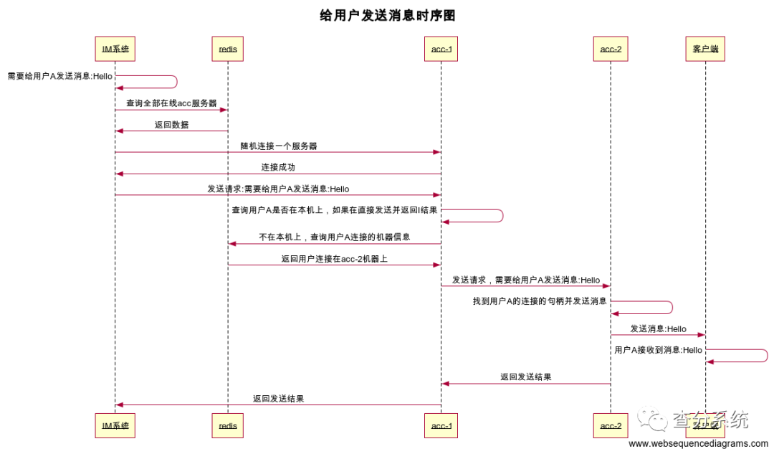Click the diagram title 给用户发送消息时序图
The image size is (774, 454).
click(x=387, y=15)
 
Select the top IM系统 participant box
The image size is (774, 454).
click(x=115, y=49)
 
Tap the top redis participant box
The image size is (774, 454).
click(x=228, y=49)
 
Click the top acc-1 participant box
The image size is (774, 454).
click(x=441, y=49)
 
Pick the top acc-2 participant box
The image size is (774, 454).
click(x=611, y=49)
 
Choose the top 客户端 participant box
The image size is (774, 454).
click(x=705, y=49)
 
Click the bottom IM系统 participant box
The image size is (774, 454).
click(x=115, y=425)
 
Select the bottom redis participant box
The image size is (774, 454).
click(x=228, y=425)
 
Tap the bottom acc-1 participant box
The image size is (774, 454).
click(x=441, y=425)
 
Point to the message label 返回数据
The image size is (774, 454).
click(x=171, y=124)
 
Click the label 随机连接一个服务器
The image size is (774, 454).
click(x=278, y=146)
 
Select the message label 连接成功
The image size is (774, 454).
click(x=278, y=167)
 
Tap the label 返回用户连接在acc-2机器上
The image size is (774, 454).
click(x=334, y=258)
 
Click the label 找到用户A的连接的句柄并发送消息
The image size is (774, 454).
click(x=540, y=301)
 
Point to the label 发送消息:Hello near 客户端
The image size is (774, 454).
click(x=658, y=328)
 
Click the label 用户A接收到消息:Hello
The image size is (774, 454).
click(x=658, y=350)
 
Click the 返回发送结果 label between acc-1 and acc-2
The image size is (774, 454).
click(x=525, y=377)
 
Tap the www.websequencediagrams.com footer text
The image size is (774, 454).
click(x=698, y=444)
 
